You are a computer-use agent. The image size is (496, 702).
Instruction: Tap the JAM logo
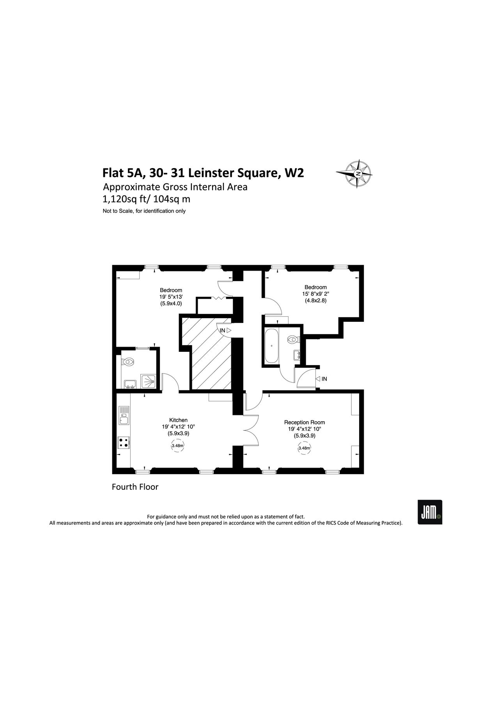tap(430, 512)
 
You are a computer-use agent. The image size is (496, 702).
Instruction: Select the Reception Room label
tap(304, 422)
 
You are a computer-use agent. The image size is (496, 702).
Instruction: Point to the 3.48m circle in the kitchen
tap(178, 446)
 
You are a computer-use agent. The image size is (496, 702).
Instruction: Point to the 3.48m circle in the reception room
tap(304, 448)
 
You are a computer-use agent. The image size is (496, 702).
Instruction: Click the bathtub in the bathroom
tap(271, 346)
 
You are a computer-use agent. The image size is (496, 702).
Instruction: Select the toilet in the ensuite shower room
tap(128, 362)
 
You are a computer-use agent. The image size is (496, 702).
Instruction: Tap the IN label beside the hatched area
tap(223, 330)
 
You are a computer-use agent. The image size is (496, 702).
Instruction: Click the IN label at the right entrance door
tap(324, 379)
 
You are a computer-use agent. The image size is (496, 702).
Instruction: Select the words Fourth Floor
tap(135, 487)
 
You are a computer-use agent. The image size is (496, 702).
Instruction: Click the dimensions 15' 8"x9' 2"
tap(315, 294)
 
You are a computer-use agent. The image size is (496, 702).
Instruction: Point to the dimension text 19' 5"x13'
tap(171, 297)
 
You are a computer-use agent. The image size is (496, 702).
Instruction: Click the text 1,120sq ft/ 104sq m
tap(146, 199)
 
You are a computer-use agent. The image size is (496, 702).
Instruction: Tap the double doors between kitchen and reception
tap(251, 429)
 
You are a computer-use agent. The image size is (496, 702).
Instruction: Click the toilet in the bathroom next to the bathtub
tap(292, 340)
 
